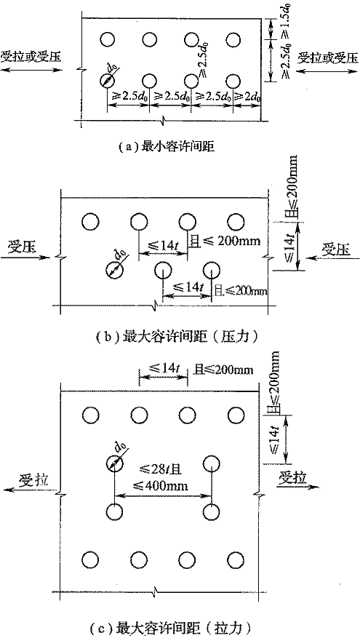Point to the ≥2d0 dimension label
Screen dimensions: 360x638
247,97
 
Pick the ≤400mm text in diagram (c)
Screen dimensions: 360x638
163,486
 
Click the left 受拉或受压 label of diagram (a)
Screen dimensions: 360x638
31,56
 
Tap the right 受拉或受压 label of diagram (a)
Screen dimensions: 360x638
328,58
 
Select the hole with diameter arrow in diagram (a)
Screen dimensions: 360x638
108,80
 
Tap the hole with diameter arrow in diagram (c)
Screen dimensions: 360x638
114,463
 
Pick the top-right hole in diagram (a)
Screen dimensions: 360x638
233,39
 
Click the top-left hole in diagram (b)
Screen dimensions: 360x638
90,221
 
